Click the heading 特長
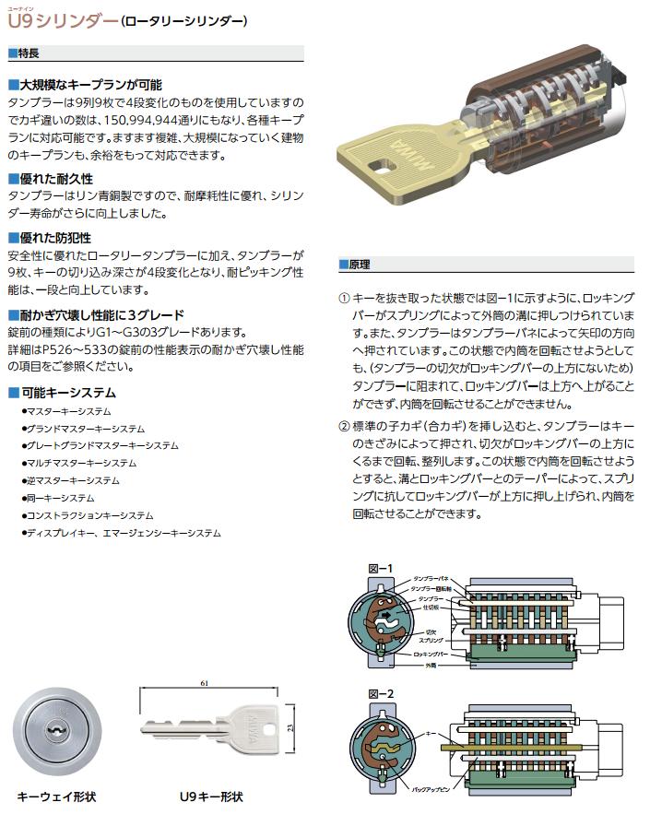[x=28, y=53]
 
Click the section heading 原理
[x=360, y=265]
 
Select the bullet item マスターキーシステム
[x=69, y=411]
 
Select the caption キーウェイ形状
[x=57, y=795]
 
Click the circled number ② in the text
[x=345, y=426]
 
